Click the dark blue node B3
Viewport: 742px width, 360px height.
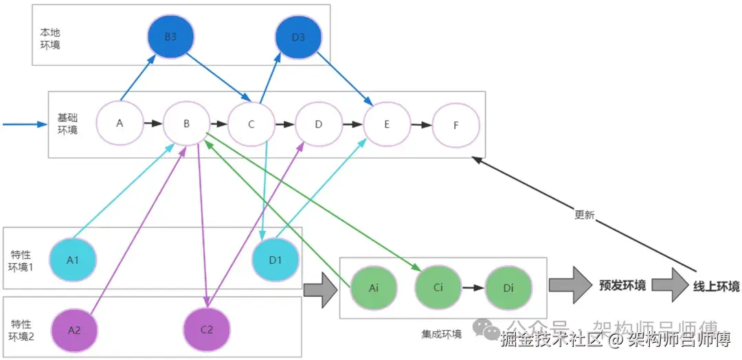coord(170,37)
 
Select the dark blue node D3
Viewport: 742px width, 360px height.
coord(298,37)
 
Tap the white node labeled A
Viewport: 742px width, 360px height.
coord(120,124)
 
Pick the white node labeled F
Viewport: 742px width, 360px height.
coord(456,126)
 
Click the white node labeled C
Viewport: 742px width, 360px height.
coord(251,124)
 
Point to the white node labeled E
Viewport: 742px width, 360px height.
coord(387,124)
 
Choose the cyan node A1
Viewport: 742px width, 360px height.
coord(73,260)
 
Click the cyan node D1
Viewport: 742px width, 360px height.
coord(275,260)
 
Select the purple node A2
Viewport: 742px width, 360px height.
coord(74,329)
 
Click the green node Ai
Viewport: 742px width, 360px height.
coord(374,288)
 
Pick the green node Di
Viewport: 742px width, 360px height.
coord(508,288)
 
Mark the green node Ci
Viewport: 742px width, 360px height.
coord(438,287)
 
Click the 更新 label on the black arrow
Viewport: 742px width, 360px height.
coord(584,214)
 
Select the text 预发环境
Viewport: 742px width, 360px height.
coord(622,285)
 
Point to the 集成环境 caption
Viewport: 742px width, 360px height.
coord(441,334)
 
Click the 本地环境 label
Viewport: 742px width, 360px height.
coord(49,39)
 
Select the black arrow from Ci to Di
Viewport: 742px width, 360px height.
coord(473,288)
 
